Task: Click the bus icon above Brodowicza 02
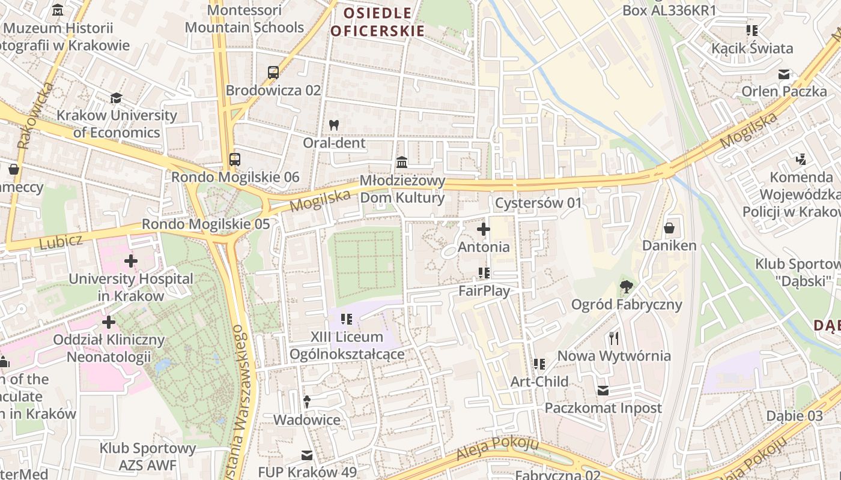coord(273,73)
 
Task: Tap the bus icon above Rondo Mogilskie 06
coord(235,160)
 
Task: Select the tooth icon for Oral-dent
coord(334,125)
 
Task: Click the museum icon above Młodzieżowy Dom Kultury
coord(402,163)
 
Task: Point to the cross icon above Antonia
coord(483,229)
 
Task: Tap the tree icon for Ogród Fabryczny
coord(627,287)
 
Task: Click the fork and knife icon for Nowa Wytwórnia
coord(613,338)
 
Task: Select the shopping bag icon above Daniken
coord(669,228)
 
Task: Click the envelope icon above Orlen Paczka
coord(784,74)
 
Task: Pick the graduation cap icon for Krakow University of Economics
coord(116,98)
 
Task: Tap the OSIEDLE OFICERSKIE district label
coord(377,22)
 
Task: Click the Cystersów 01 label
coord(538,203)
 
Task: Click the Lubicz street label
coord(60,242)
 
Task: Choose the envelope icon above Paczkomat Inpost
coord(603,391)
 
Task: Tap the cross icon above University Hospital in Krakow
coord(131,261)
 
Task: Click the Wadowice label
coord(306,419)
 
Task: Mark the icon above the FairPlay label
coord(484,273)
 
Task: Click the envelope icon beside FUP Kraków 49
coord(307,455)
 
